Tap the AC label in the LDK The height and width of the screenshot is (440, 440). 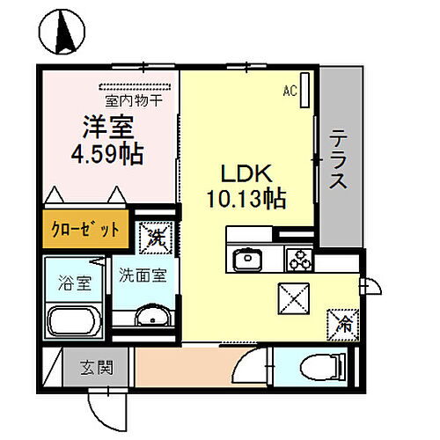(290, 90)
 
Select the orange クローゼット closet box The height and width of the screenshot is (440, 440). (84, 230)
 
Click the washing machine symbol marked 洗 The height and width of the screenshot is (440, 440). (156, 237)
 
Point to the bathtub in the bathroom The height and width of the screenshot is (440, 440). (75, 323)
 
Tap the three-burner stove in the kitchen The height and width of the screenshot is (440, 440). (299, 259)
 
